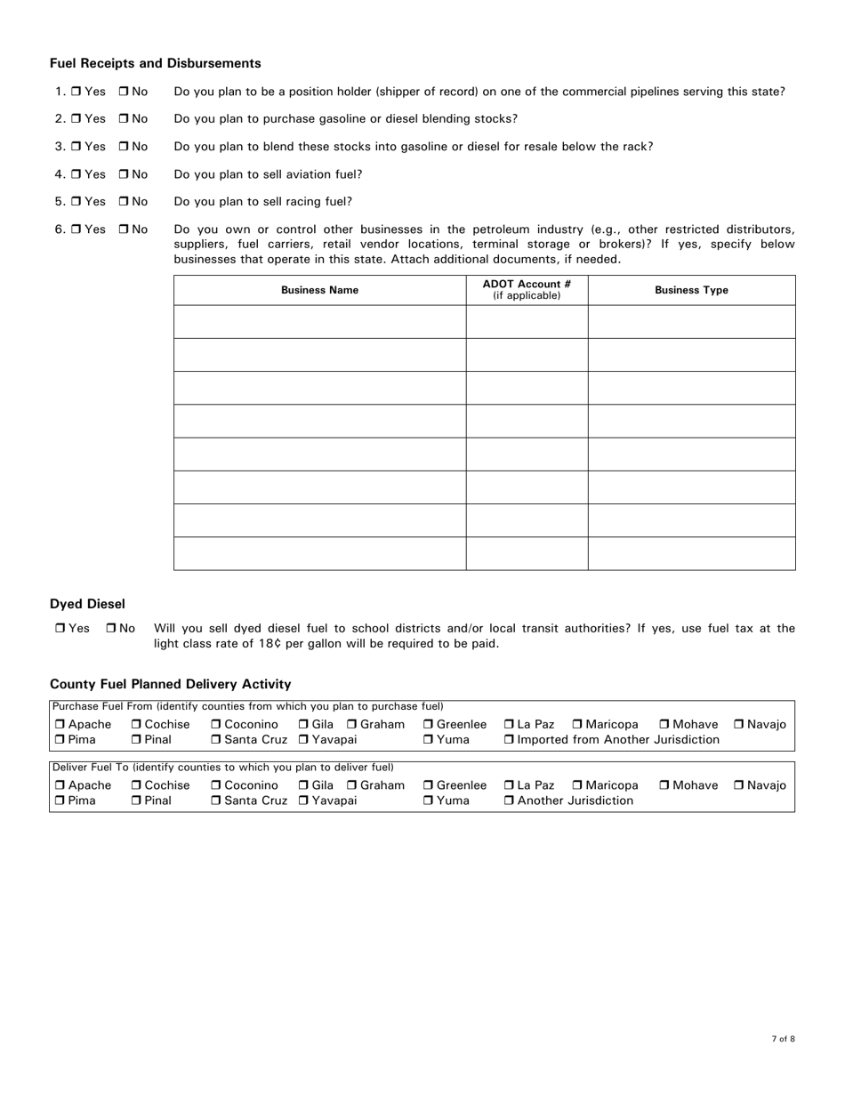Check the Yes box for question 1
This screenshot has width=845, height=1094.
76,92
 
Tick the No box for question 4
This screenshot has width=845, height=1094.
124,174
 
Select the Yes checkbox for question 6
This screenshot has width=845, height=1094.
76,229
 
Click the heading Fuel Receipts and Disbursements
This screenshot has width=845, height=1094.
156,63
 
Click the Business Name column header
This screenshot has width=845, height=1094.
319,290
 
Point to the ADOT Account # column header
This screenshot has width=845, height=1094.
527,290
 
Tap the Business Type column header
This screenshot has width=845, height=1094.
691,290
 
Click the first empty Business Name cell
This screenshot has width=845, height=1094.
319,322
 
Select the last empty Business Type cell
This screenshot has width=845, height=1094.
691,553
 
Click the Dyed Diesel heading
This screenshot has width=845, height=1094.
87,604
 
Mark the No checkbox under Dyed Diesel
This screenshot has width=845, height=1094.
111,629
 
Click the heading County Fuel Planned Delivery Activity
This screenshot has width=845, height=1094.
170,684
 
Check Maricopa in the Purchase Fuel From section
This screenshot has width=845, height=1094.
577,725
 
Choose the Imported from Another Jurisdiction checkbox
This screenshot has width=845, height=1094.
509,740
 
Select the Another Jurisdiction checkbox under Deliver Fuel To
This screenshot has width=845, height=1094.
509,801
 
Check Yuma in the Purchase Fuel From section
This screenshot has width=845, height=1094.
428,740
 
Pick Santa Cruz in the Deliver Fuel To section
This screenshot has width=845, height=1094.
216,801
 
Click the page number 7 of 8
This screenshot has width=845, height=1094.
783,1039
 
